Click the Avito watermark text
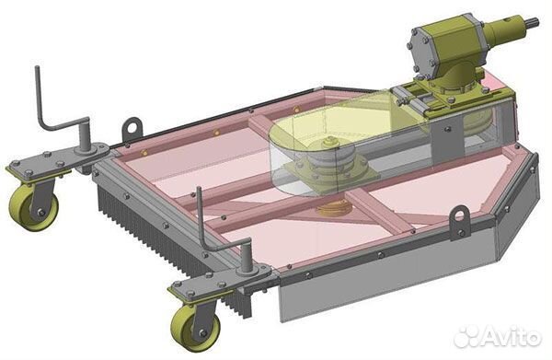(512, 338)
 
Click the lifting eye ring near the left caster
(132, 128)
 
